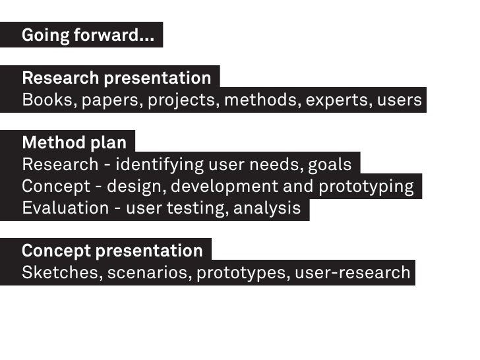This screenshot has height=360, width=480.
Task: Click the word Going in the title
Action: click(45, 36)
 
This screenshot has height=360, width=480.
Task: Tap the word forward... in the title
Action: click(113, 36)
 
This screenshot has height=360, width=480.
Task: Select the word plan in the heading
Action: click(109, 142)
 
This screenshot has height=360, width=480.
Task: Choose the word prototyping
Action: click(367, 187)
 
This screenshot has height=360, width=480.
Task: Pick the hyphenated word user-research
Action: click(352, 272)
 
